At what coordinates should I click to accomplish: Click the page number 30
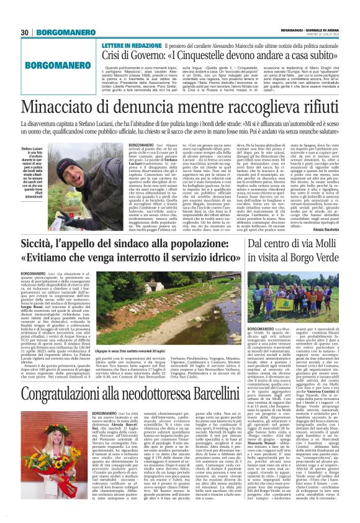click(25, 32)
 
